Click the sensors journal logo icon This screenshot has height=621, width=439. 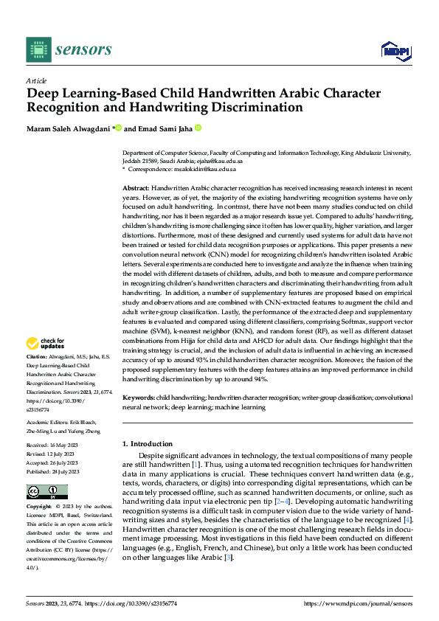38,49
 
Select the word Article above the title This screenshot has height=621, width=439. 36,80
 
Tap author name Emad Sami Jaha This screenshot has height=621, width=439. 163,128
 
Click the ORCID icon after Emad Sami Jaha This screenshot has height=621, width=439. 198,128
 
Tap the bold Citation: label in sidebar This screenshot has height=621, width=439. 38,356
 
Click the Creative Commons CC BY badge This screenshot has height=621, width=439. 46,492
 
